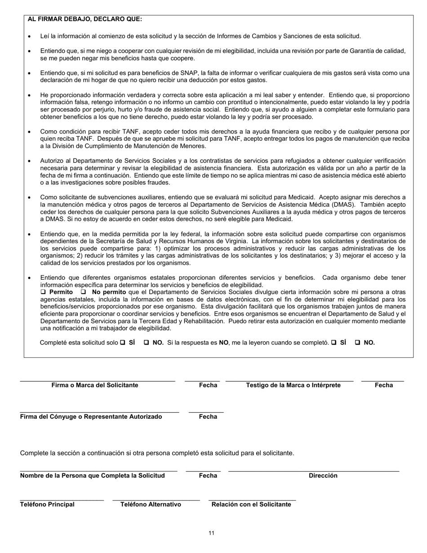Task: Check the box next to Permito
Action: [43, 292]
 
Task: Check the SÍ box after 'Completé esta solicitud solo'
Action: [122, 343]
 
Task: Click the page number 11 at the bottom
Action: [211, 534]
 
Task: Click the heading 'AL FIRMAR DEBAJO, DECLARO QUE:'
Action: [85, 19]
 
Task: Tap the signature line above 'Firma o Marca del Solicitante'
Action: [97, 381]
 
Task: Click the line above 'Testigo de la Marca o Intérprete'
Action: [289, 381]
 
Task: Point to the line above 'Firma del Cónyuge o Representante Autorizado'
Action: [99, 412]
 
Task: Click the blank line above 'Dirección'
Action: [313, 471]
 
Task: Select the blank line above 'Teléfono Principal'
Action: [62, 500]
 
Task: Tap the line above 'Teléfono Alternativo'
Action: [156, 500]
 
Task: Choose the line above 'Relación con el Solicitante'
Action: [252, 500]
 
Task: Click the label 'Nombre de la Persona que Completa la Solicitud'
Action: [92, 476]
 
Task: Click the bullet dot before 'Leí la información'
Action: [30, 36]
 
